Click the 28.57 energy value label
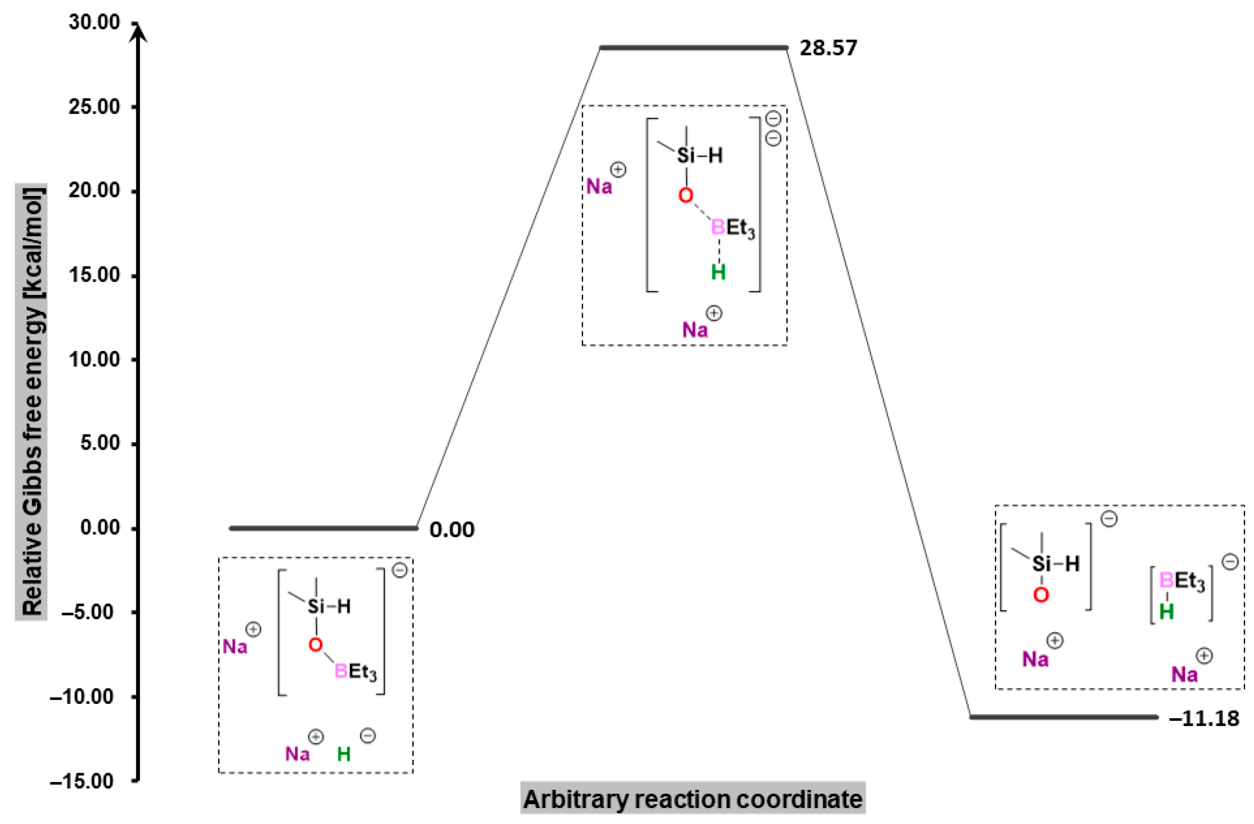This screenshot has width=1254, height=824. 828,48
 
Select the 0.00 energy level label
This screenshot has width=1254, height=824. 451,529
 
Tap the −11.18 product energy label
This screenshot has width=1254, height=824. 1204,718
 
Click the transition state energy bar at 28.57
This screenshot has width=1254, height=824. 693,48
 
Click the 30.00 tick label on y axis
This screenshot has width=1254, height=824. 94,23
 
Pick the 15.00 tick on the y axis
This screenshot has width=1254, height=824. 94,275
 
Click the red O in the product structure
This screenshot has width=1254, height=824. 1041,596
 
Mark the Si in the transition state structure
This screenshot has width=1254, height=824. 686,156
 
